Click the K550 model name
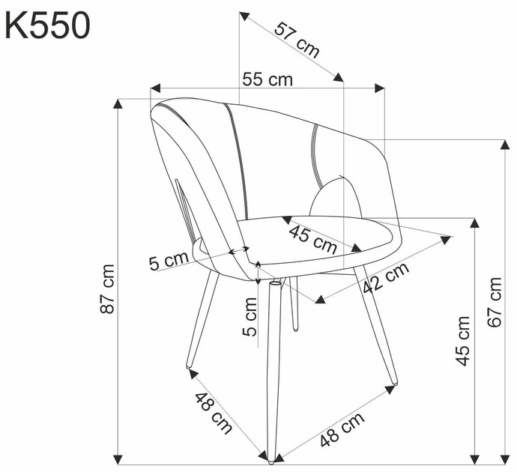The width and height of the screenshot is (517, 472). tap(47, 25)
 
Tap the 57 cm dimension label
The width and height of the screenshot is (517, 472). tap(297, 40)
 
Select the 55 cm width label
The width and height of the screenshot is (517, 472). tap(267, 79)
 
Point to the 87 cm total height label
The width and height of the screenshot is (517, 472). tap(108, 288)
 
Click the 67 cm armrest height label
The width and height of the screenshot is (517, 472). tap(495, 302)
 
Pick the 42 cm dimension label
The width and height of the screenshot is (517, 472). tap(386, 278)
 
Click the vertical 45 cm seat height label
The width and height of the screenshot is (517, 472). tap(462, 340)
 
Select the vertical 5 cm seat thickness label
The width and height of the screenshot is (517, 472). tap(250, 317)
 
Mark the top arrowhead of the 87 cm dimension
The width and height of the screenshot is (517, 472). tap(118, 103)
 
